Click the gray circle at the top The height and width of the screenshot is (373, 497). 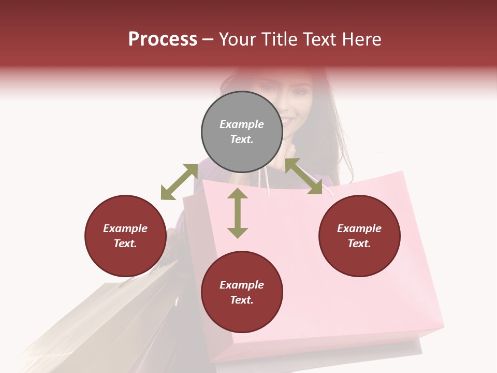(x=242, y=132)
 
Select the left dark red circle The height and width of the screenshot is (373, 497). (x=125, y=236)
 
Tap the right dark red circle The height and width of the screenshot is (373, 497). (x=359, y=236)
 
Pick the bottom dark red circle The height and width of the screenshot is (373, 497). (x=242, y=292)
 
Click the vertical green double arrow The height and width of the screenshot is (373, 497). (x=238, y=213)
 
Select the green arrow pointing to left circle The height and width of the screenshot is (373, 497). (x=179, y=182)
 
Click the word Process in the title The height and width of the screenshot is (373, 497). (x=163, y=39)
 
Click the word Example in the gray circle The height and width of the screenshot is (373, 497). (x=242, y=124)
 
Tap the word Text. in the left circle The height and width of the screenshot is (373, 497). (x=125, y=243)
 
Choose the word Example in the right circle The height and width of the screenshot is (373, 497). (x=359, y=228)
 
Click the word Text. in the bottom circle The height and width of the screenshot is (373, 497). (x=242, y=300)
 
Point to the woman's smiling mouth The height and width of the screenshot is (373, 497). (x=287, y=121)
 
